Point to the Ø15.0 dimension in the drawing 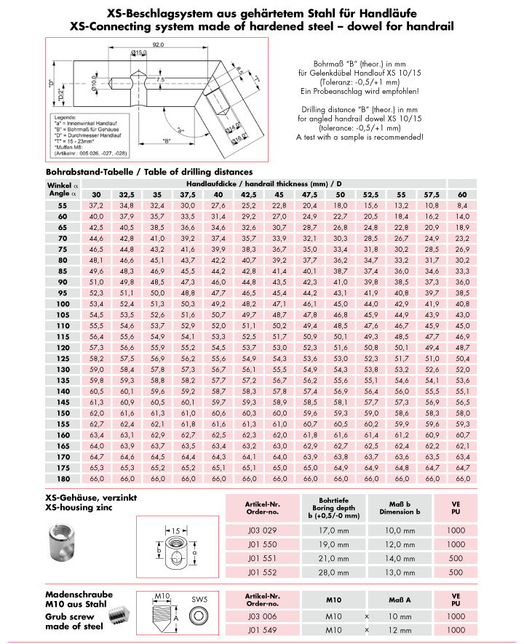[139, 53]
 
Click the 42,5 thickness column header [249, 195]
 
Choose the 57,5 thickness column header [432, 195]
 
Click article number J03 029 [261, 530]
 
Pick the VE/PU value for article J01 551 [456, 558]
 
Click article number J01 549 [261, 629]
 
